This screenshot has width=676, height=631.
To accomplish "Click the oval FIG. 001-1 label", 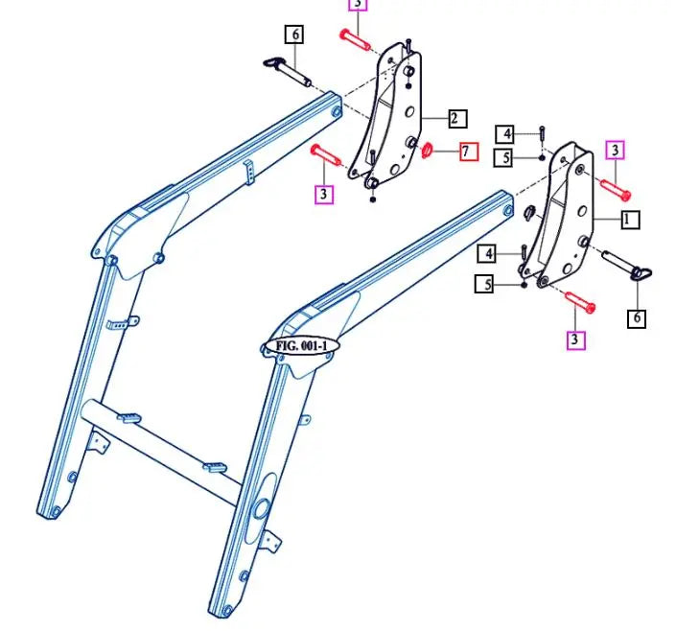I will click(x=300, y=345).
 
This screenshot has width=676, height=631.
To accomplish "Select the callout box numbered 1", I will click(x=629, y=221).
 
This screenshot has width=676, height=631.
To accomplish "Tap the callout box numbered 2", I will click(x=456, y=119).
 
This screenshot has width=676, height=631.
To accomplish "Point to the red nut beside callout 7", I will click(x=429, y=150).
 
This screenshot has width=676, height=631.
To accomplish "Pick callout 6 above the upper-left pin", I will click(x=293, y=35).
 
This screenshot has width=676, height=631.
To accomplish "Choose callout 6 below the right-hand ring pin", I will click(x=637, y=317).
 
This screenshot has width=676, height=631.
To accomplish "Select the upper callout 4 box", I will click(x=505, y=133).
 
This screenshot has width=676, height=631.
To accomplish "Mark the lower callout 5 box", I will click(x=484, y=284).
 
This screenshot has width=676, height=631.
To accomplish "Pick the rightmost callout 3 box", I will click(x=616, y=150).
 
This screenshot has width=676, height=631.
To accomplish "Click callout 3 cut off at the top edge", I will click(x=356, y=4).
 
